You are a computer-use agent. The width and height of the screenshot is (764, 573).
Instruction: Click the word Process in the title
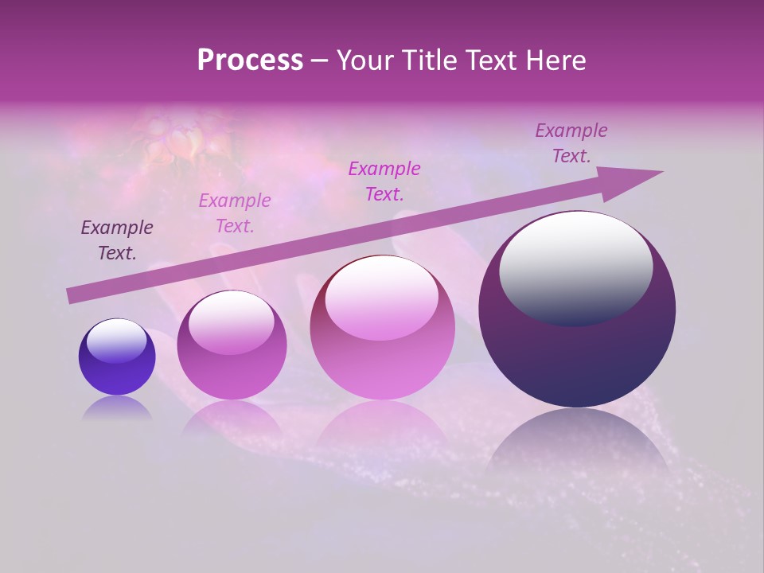tap(250, 60)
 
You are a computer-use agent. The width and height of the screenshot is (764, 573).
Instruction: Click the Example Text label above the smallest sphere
tap(117, 240)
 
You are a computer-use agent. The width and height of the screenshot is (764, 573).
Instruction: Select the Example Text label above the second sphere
tap(235, 213)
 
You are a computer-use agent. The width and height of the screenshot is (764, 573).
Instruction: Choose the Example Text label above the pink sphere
tap(384, 181)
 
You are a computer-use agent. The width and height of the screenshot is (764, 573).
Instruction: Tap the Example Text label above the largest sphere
tap(571, 143)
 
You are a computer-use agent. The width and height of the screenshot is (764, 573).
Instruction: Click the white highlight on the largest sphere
tap(575, 267)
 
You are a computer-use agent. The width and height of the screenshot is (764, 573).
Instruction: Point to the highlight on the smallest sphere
tap(117, 341)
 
